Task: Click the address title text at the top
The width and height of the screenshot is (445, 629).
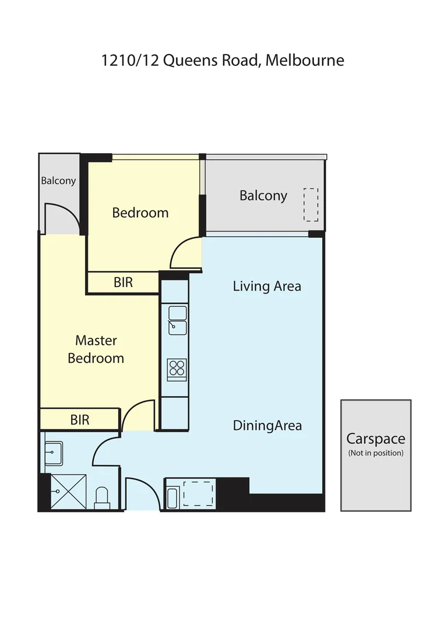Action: coord(223,61)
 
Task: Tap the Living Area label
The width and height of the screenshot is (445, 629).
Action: coord(267,286)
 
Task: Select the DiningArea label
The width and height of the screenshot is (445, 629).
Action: coord(267,426)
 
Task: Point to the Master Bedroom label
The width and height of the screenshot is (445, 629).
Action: coord(96,349)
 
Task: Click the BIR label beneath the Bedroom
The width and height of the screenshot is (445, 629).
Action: coord(123,282)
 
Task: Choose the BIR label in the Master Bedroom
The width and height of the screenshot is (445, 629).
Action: coord(80,419)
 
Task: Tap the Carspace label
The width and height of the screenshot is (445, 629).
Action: coord(376,439)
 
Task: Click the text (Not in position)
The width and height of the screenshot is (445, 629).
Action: coord(376,453)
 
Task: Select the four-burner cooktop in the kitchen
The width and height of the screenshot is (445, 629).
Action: coord(176,367)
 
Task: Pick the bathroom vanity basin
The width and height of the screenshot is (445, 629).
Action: coord(54,451)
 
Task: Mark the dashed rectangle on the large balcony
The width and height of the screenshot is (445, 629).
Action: coord(311,204)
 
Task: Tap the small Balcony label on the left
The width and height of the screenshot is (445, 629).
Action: coord(58,181)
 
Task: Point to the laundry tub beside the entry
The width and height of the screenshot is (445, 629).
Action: coord(172,499)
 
